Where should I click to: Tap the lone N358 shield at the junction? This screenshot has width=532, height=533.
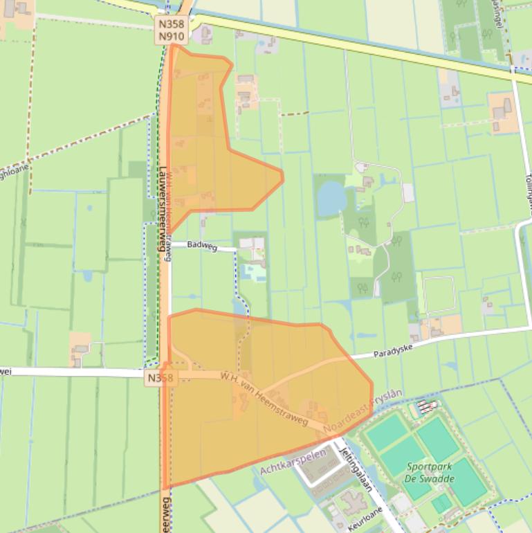click(162, 378)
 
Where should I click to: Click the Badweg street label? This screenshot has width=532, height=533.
click(203, 246)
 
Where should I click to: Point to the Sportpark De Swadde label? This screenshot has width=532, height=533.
click(430, 473)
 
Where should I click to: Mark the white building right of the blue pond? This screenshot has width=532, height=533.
click(408, 192)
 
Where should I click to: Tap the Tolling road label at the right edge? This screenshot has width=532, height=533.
click(527, 186)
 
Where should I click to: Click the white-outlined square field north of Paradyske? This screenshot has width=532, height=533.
click(439, 295)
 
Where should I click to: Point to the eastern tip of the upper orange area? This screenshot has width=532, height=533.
click(283, 177)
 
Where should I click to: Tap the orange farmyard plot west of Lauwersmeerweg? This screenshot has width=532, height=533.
click(80, 348)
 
